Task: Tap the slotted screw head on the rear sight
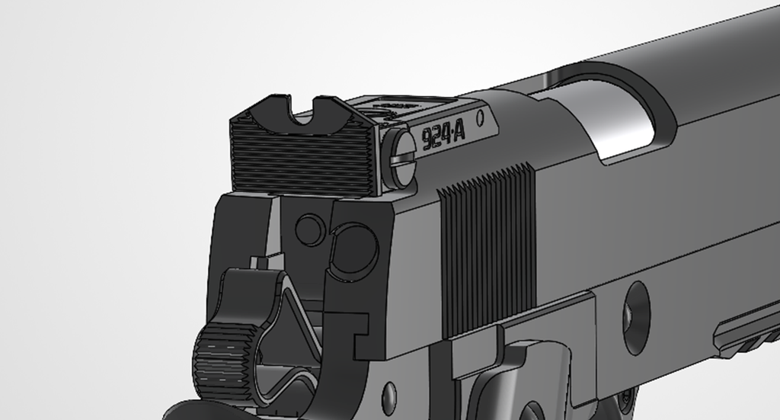(401, 157)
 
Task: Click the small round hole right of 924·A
(480, 118)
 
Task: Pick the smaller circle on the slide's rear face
(309, 229)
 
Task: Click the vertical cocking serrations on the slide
(487, 252)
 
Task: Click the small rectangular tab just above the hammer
(260, 263)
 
